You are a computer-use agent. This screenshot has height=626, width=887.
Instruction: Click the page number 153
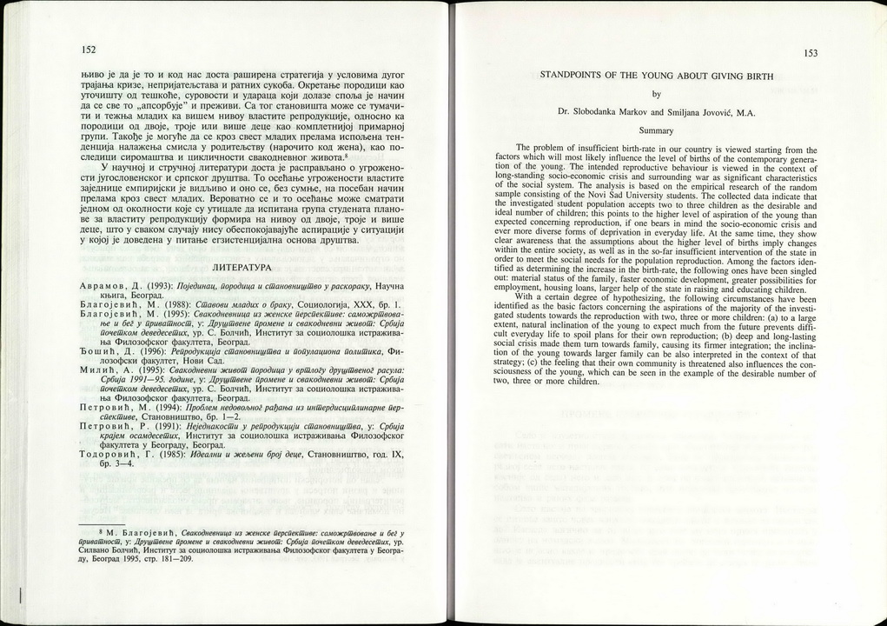(811, 53)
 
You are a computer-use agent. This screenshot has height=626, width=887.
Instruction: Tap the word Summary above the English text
(657, 129)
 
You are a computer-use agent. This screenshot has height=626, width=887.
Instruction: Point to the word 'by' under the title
(656, 94)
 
